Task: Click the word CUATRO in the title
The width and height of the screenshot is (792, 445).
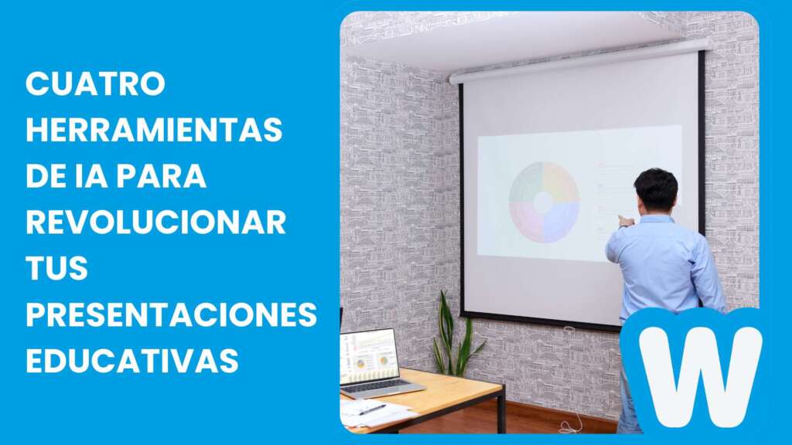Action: coord(96,83)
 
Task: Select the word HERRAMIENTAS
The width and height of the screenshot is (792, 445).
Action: coord(154,130)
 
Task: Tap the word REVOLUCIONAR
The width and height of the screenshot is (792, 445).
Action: coord(155,222)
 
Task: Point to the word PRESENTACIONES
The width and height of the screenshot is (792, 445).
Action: coord(171,315)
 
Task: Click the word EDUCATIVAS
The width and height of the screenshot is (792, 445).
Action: coord(131,361)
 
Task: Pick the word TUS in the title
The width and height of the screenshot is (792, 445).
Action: coord(57,269)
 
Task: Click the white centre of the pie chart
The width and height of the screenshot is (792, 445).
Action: coord(544,202)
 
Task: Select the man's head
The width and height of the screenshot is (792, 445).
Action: coord(656,190)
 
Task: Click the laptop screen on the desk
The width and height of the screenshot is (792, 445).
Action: coord(369,356)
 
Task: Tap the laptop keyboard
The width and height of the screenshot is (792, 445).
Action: coord(384,385)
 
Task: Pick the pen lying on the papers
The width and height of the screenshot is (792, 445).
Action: coord(372,409)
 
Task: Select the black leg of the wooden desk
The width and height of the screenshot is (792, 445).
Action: coord(502,410)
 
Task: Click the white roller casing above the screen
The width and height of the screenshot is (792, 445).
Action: coord(580,61)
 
